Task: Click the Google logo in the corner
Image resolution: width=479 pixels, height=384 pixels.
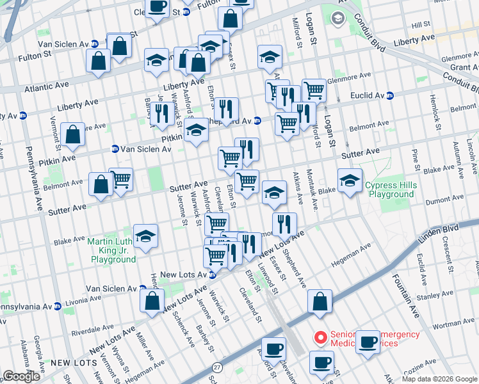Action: pos(22,376)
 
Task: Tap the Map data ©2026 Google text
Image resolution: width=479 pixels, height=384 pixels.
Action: pos(439,378)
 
